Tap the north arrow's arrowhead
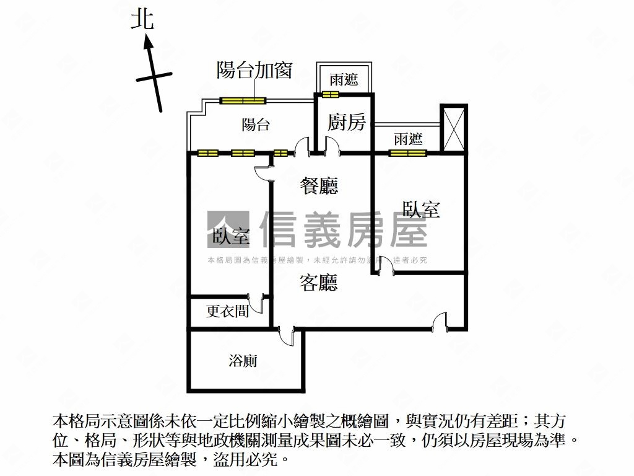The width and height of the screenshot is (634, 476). coord(148,42)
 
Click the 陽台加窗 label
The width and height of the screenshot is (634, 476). coord(254,70)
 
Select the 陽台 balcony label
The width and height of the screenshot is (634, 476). coord(256,125)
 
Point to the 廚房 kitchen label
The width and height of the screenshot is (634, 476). coord(347,122)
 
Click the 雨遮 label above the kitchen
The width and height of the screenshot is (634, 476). coord(344,80)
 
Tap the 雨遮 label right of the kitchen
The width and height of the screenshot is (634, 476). coord(408,139)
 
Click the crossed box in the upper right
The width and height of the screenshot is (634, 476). coord(453,128)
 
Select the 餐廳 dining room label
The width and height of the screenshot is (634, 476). coord(319,185)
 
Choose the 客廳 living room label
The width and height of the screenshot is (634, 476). coord(319,283)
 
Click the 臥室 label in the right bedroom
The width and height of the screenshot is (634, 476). coord(421,209)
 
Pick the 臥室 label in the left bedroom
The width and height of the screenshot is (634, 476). coord(230,236)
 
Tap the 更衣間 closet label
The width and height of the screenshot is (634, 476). coord(228,311)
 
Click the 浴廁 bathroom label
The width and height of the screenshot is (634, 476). coord(243,361)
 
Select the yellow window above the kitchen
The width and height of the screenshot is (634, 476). coord(331,95)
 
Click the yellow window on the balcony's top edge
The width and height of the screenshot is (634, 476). coord(243,100)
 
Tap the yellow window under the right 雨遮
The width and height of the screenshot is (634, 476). coord(407,152)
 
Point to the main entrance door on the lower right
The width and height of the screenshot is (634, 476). coord(440,323)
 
